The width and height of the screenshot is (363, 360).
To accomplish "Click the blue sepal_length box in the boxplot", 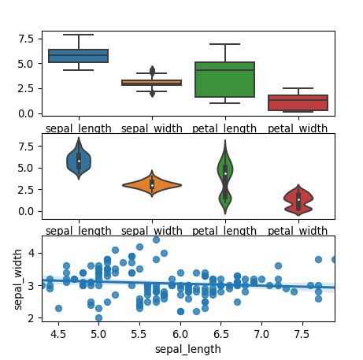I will [x=78, y=55].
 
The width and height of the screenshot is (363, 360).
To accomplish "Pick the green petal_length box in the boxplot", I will [x=224, y=80].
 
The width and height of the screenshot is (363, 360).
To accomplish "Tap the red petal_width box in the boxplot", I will [x=298, y=102].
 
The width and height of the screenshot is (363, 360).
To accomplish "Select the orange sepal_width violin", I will [x=151, y=185].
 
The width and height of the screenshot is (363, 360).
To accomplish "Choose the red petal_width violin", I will [x=298, y=199].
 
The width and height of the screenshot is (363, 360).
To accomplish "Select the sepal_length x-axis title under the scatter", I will [x=187, y=348].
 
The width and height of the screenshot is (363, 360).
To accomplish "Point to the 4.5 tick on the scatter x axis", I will [x=57, y=334].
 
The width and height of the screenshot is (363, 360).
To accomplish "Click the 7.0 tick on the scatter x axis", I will [x=261, y=334].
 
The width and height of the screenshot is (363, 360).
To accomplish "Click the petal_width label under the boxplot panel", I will [x=298, y=128].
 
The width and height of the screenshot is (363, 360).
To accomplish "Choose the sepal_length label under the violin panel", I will [x=79, y=231].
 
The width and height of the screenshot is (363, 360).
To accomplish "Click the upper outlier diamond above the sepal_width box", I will [x=152, y=70].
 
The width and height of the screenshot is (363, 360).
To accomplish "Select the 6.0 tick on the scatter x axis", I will [x=180, y=334].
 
